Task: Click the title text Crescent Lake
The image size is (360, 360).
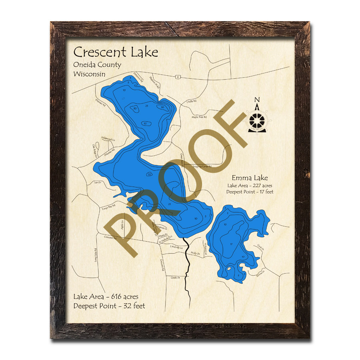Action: point(116,52)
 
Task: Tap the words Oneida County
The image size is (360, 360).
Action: point(97,65)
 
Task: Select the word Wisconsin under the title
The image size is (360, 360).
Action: point(89,74)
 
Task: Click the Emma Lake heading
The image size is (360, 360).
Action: point(250,178)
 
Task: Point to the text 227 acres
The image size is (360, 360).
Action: point(260,185)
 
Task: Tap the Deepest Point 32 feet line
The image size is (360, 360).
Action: point(109,306)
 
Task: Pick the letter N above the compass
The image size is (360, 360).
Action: point(257,100)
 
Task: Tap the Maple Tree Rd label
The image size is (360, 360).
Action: point(199,117)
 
